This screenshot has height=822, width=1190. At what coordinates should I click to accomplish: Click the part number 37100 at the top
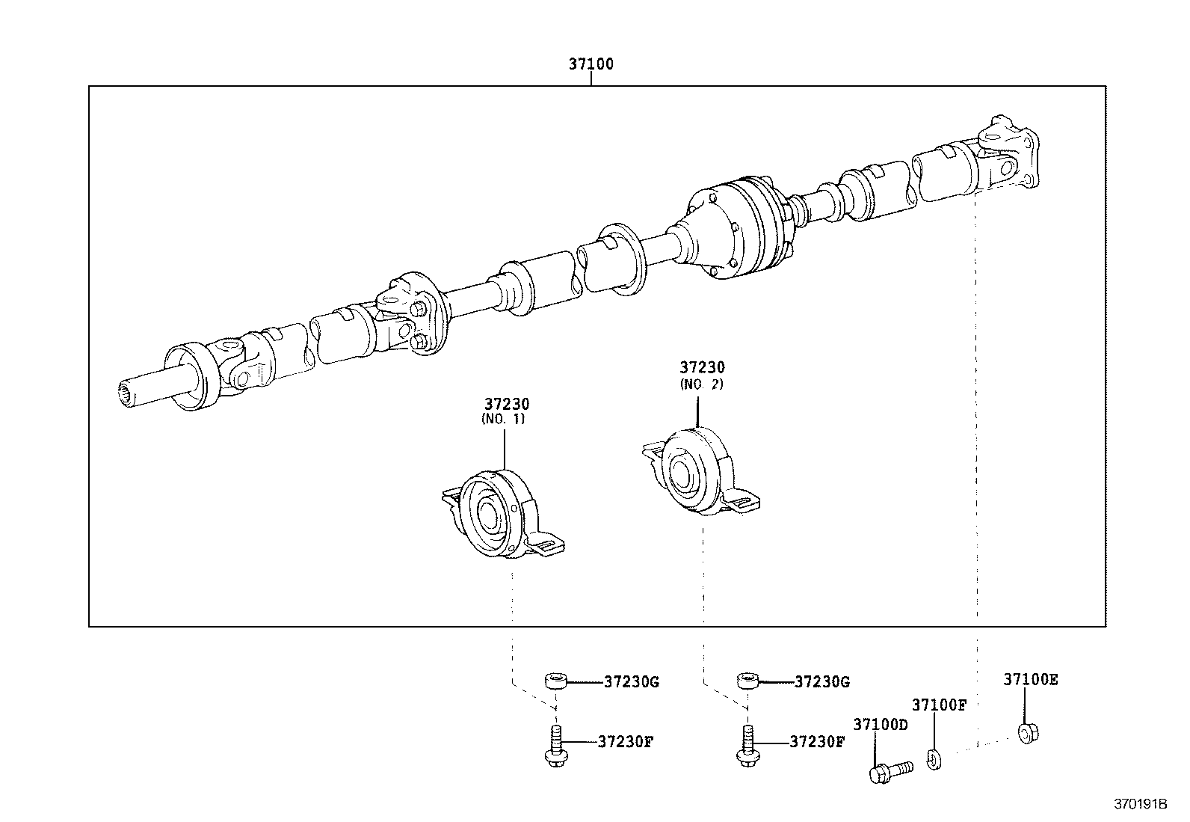pos(590,64)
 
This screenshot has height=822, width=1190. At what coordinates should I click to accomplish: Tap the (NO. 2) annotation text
pos(701,384)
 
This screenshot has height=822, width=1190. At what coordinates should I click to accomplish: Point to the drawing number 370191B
pos(1139,805)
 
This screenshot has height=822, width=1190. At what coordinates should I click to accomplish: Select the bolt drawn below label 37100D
pos(890,770)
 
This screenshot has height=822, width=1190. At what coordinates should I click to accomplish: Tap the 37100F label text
pos(939,705)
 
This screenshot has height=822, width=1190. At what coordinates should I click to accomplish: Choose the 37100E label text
pos(1030,680)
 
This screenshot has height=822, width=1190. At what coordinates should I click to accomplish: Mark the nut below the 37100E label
pos(1029,731)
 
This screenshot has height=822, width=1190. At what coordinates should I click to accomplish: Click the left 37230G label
pos(631,682)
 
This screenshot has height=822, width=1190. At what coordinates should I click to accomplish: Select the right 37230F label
pos(816,742)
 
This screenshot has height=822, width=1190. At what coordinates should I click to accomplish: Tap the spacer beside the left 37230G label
pos(555,681)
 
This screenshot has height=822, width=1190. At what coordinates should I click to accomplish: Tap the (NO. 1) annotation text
pos(503,420)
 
